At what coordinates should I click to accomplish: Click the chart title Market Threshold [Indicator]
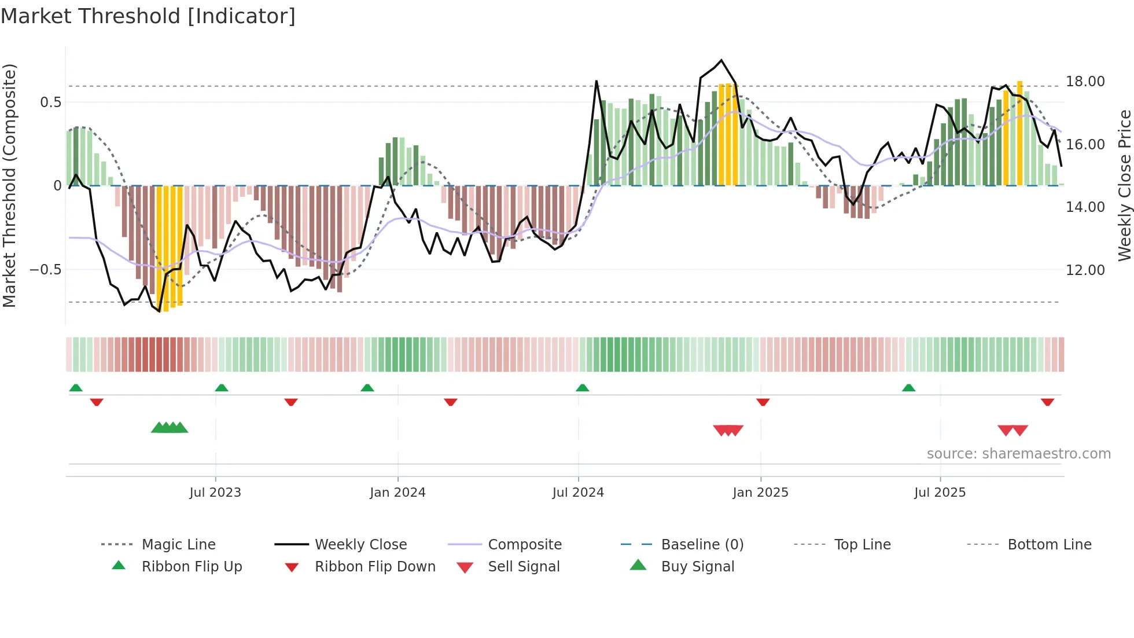pyautogui.click(x=148, y=16)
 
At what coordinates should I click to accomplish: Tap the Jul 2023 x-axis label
pyautogui.click(x=215, y=493)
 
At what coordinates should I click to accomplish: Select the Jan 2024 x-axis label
pyautogui.click(x=397, y=493)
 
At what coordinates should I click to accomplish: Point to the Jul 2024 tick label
pyautogui.click(x=578, y=493)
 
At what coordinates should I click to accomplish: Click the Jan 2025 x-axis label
pyautogui.click(x=760, y=493)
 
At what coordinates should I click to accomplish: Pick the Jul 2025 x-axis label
pyautogui.click(x=940, y=493)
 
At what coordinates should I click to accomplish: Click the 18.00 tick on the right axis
pyautogui.click(x=1085, y=82)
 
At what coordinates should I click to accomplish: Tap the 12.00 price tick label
pyautogui.click(x=1085, y=270)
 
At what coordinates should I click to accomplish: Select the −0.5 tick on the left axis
pyautogui.click(x=46, y=270)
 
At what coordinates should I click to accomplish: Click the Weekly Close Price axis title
pyautogui.click(x=1124, y=185)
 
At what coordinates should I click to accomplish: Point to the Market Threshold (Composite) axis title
pyautogui.click(x=9, y=185)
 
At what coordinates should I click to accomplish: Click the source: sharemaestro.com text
pyautogui.click(x=1018, y=454)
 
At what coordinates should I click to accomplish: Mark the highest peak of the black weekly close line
pyautogui.click(x=721, y=60)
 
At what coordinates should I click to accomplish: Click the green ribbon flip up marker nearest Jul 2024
pyautogui.click(x=583, y=388)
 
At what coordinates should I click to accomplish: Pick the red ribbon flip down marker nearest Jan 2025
pyautogui.click(x=763, y=402)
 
